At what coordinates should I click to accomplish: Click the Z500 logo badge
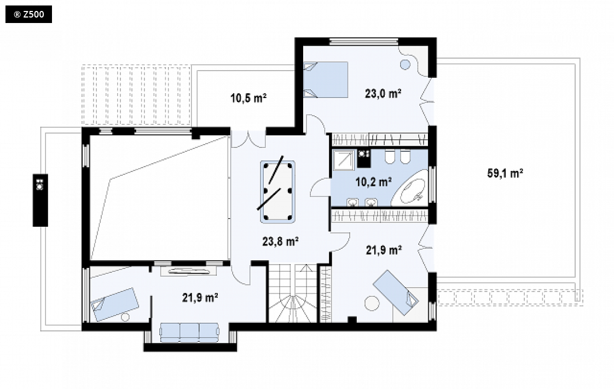(28, 14)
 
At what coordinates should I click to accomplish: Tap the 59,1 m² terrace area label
(505, 173)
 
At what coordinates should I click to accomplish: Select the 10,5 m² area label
(248, 98)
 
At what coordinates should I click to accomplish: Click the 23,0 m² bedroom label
(383, 93)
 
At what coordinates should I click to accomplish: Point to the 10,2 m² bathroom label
(374, 182)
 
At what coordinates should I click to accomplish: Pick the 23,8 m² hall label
(280, 241)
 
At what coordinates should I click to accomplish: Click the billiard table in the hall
(277, 191)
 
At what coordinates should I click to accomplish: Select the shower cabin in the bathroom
(344, 160)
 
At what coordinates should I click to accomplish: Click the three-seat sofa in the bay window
(189, 332)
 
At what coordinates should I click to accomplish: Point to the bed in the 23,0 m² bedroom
(326, 79)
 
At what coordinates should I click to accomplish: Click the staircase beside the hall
(293, 293)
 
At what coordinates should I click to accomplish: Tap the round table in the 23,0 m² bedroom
(406, 64)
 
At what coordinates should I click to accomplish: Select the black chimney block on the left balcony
(40, 200)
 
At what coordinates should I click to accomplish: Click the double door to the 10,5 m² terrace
(248, 139)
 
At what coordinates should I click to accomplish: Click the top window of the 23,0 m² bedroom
(364, 40)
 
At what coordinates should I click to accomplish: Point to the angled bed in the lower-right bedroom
(396, 293)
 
